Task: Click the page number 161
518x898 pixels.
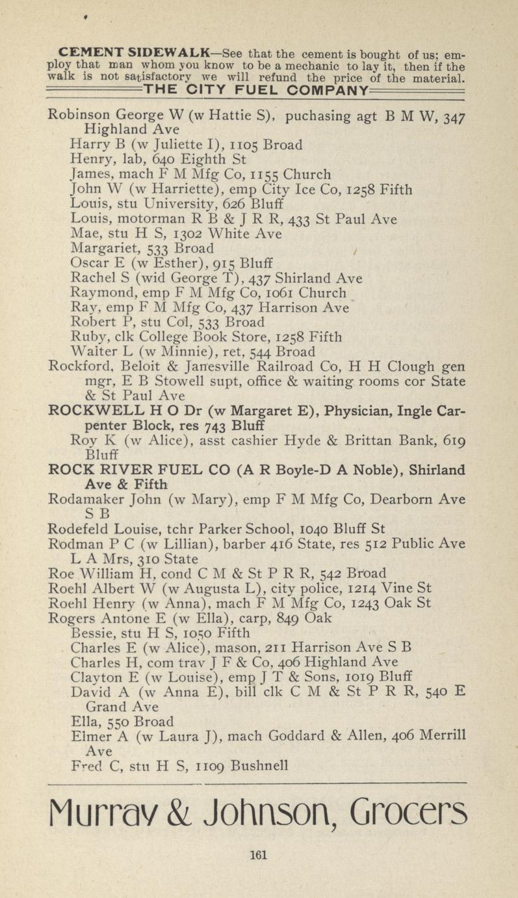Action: pyautogui.click(x=259, y=856)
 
